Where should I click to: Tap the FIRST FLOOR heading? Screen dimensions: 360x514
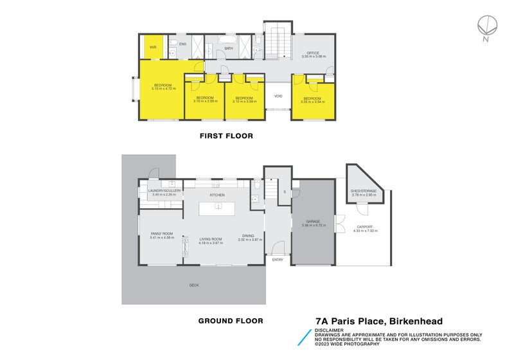pyautogui.click(x=226, y=136)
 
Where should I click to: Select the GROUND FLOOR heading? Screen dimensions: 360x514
pyautogui.click(x=229, y=320)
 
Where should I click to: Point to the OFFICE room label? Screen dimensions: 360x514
pyautogui.click(x=313, y=53)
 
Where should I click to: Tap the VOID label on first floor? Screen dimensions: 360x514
pyautogui.click(x=278, y=96)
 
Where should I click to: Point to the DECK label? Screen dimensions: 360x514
pyautogui.click(x=194, y=285)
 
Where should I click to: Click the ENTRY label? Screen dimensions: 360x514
pyautogui.click(x=278, y=259)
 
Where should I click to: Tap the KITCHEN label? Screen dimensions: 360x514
pyautogui.click(x=217, y=194)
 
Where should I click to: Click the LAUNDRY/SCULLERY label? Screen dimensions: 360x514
pyautogui.click(x=164, y=191)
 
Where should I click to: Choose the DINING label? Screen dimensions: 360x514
pyautogui.click(x=249, y=235)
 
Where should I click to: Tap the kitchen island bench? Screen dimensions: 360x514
pyautogui.click(x=217, y=209)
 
